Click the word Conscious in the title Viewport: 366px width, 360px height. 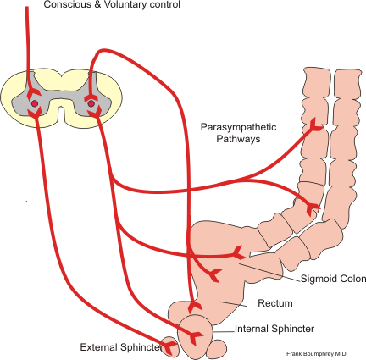click(55, 6)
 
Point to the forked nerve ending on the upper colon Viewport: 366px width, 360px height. click(314, 125)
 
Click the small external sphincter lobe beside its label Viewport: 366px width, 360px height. click(169, 347)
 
